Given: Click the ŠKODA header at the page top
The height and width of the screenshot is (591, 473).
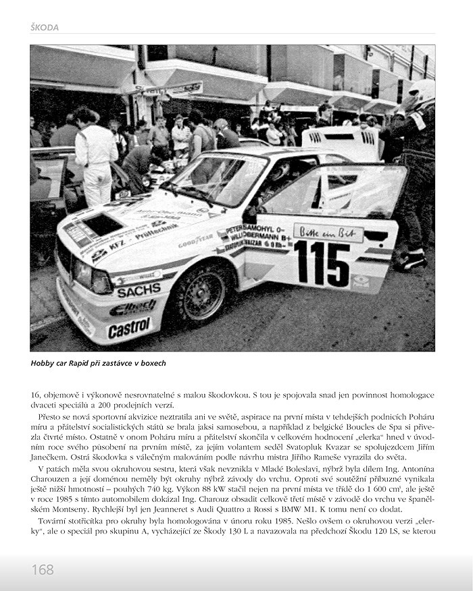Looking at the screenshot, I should click(x=45, y=28).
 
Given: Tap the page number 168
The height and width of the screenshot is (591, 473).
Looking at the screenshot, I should click(x=42, y=569).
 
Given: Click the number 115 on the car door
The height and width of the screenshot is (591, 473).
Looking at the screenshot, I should click(x=322, y=262).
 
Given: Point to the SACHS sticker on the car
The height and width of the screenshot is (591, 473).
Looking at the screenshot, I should click(x=138, y=291).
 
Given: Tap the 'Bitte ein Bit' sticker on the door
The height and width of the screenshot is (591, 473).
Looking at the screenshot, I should click(x=328, y=233).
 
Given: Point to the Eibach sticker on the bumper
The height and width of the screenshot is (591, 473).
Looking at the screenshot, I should click(x=132, y=308).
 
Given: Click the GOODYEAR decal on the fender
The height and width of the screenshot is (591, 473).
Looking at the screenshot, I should click(x=195, y=240).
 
